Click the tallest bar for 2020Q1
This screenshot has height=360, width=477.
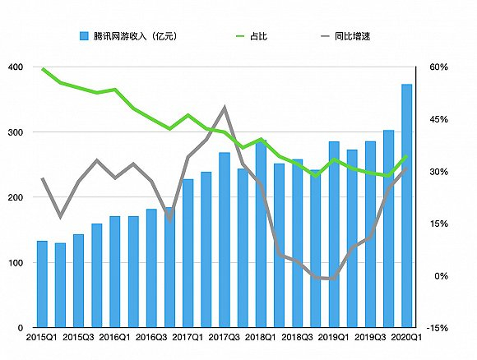pos(406,205)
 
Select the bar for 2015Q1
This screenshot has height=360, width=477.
pos(42,284)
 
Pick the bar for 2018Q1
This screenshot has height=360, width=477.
pos(261,234)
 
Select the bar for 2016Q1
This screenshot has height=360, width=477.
pos(115,271)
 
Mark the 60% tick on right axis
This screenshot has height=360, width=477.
pos(437,67)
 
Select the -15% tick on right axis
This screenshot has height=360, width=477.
pos(438,328)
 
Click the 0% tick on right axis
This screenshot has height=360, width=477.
pos(437,276)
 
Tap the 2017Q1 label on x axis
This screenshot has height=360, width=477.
pos(188,337)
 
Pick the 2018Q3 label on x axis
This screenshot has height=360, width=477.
pos(298,337)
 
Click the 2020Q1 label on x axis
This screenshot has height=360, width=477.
pos(406,337)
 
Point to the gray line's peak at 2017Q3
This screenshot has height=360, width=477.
pos(225,108)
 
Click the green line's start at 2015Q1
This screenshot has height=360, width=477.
pos(42,68)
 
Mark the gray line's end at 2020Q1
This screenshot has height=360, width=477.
pos(406,168)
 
